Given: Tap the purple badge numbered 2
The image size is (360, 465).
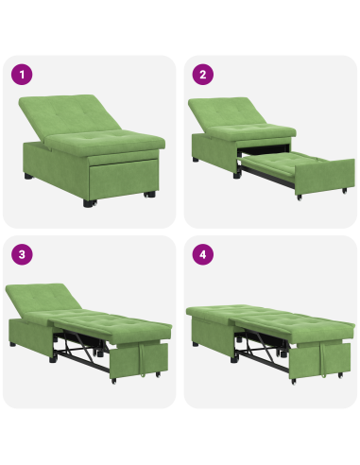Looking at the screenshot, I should [201, 74].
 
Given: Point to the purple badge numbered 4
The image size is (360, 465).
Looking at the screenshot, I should [201, 254].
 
